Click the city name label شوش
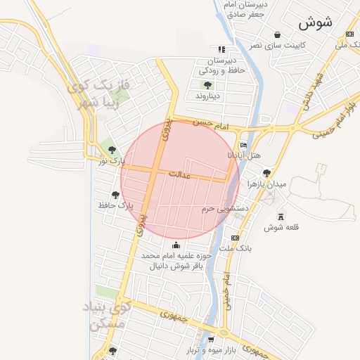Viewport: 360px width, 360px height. click(x=314, y=22)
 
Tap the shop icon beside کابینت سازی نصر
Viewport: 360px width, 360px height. click(x=277, y=34)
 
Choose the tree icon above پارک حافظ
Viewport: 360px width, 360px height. click(x=115, y=194)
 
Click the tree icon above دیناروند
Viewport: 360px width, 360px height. click(x=207, y=84)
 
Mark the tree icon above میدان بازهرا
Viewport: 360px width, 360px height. click(x=266, y=172)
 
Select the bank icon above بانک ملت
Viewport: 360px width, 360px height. click(x=234, y=238)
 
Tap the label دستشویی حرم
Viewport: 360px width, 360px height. click(x=226, y=209)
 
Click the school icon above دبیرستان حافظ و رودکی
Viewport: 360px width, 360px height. click(x=221, y=49)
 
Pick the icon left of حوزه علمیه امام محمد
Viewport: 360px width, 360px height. click(x=176, y=245)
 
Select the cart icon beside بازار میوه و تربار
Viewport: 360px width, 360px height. click(x=201, y=340)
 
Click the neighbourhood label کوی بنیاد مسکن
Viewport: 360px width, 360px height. click(x=108, y=316)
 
